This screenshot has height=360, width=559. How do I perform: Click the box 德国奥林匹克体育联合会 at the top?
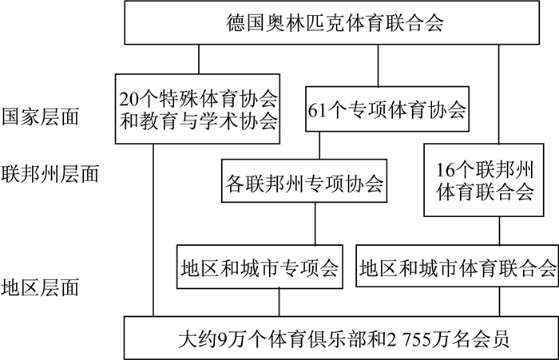click(x=335, y=22)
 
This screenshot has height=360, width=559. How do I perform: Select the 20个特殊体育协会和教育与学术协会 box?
click(x=198, y=110)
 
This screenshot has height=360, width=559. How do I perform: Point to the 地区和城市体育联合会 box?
click(x=458, y=267)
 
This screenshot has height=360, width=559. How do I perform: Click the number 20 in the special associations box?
click(x=129, y=100)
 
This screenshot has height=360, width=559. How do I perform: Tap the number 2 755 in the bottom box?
click(x=412, y=338)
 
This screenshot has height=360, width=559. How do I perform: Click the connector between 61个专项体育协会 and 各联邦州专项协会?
click(x=319, y=144)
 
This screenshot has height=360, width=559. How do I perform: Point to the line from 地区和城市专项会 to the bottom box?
click(x=279, y=302)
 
